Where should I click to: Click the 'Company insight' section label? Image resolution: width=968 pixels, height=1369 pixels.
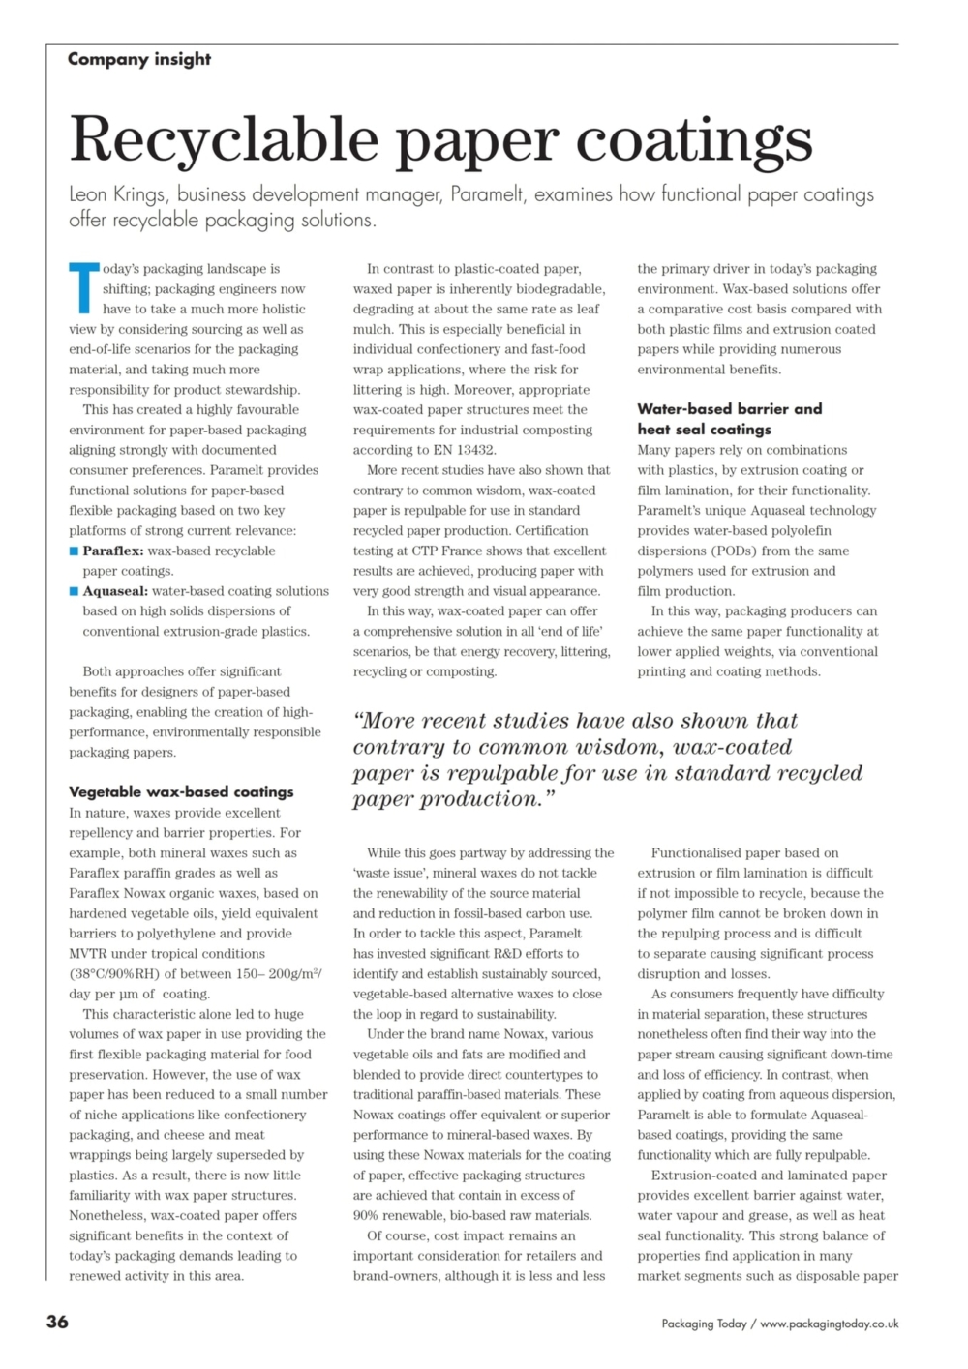pyautogui.click(x=139, y=59)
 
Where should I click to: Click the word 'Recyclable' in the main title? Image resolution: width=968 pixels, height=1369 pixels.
pyautogui.click(x=224, y=139)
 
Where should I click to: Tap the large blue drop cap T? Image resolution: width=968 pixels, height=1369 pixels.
pyautogui.click(x=83, y=287)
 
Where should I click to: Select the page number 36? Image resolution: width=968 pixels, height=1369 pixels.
pyautogui.click(x=57, y=1322)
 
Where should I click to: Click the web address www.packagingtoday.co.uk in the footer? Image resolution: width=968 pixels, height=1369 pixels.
pyautogui.click(x=829, y=1324)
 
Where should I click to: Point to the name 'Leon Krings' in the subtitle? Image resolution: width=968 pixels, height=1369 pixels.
pyautogui.click(x=116, y=194)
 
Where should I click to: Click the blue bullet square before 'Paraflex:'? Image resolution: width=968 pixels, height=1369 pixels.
pyautogui.click(x=74, y=551)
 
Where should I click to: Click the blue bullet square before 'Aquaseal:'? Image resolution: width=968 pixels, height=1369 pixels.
pyautogui.click(x=74, y=591)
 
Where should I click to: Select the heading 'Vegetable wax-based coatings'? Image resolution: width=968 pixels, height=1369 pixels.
pyautogui.click(x=181, y=791)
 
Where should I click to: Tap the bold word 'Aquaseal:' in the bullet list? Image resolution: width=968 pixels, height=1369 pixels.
pyautogui.click(x=115, y=591)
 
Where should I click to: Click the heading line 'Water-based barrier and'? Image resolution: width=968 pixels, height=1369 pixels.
pyautogui.click(x=729, y=409)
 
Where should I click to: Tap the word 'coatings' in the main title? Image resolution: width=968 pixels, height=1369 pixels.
pyautogui.click(x=694, y=139)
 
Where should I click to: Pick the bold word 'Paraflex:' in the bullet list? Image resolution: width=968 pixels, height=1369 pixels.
pyautogui.click(x=113, y=551)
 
